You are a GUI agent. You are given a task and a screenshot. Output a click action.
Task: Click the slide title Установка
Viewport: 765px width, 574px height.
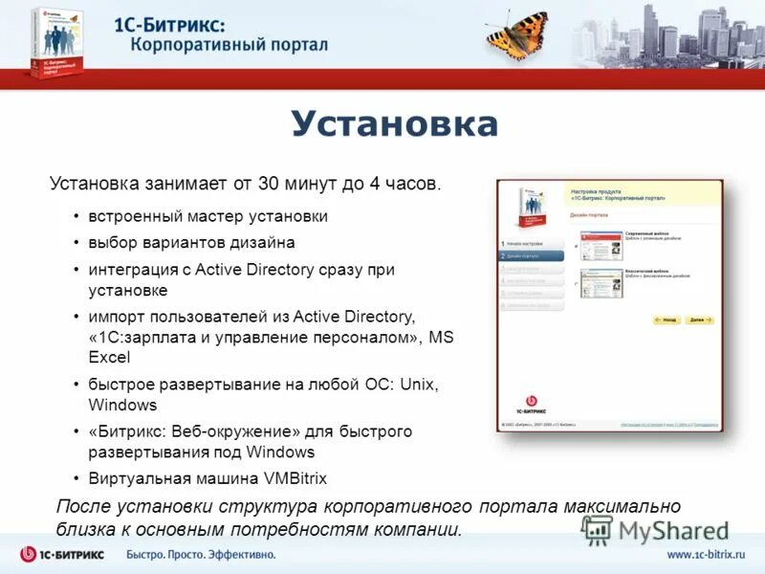[394, 124]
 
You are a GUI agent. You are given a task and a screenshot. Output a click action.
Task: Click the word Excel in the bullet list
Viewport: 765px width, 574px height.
[110, 358]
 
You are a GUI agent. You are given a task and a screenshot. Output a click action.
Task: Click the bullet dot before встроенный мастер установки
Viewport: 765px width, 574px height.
[76, 217]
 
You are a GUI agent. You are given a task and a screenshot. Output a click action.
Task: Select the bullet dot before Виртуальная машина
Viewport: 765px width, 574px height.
[76, 478]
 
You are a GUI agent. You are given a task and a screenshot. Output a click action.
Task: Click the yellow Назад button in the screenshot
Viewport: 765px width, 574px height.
[666, 320]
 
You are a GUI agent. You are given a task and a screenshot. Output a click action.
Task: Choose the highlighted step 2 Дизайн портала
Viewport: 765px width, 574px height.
[532, 256]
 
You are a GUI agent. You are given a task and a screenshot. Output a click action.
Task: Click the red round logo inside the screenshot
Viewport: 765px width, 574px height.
[532, 402]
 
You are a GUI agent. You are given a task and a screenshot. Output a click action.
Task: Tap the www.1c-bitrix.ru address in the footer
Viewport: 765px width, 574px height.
[705, 555]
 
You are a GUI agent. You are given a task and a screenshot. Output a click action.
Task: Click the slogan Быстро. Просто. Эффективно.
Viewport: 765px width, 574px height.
[202, 555]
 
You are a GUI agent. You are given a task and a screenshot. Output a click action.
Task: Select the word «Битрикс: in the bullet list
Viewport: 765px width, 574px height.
[130, 431]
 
